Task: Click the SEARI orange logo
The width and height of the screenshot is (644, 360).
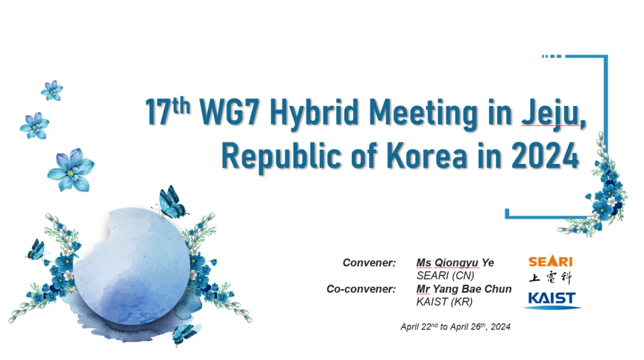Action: [x=550, y=261]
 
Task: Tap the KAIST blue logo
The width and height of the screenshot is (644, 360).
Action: [x=552, y=300]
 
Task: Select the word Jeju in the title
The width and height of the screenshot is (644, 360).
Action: [x=553, y=113]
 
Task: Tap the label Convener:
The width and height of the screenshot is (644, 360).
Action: [x=369, y=263]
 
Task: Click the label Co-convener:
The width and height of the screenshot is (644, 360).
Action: [x=361, y=289]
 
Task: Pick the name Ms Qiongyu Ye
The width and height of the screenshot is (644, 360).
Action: [x=455, y=263]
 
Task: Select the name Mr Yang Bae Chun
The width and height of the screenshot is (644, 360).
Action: [x=464, y=289]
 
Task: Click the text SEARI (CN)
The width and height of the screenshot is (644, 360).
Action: [x=445, y=275]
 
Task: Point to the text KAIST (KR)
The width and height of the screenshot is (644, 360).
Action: [x=444, y=302]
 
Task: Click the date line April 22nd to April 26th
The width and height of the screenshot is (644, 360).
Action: [x=456, y=327]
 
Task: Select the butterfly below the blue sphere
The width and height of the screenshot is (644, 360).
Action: [x=184, y=334]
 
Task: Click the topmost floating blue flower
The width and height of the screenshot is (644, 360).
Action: [x=52, y=91]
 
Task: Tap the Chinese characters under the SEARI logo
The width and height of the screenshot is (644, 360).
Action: [x=550, y=278]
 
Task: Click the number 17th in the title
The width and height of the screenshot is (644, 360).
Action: [x=168, y=111]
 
